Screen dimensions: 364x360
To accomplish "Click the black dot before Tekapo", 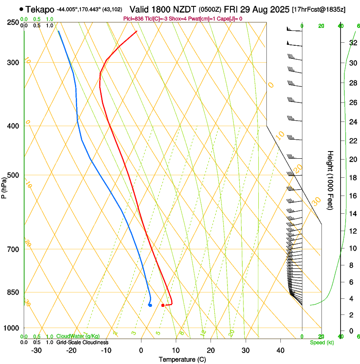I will (21, 9).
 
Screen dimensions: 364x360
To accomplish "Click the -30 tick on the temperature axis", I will (36, 350).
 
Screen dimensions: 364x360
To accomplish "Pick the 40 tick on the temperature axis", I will (280, 350).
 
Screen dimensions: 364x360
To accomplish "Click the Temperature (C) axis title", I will (182, 359).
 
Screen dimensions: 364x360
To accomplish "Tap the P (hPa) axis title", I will (4, 186).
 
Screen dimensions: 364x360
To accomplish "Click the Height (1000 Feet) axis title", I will (330, 180).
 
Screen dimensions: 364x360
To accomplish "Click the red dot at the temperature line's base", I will (163, 305).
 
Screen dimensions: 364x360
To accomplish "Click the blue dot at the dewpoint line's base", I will (150, 305).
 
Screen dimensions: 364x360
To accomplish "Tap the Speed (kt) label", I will (322, 342).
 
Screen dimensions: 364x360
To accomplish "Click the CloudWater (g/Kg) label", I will (78, 336).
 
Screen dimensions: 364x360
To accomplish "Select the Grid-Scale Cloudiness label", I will (82, 342).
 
